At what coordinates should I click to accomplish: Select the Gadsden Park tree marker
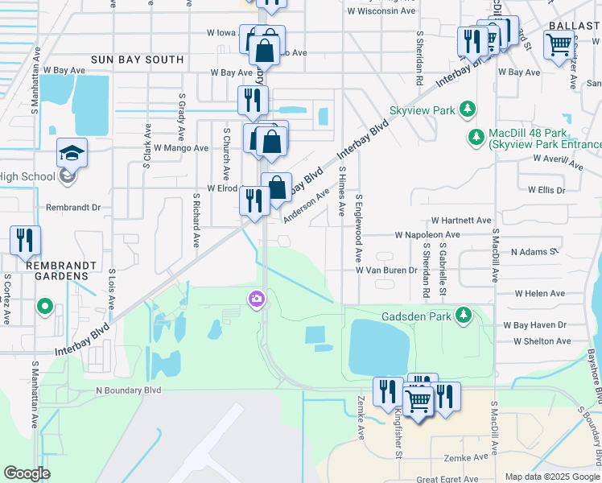pyautogui.click(x=464, y=315)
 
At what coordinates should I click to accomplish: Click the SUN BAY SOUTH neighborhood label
pyautogui.click(x=138, y=60)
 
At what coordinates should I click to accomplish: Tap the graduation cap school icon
pyautogui.click(x=71, y=153)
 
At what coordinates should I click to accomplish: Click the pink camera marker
pyautogui.click(x=257, y=299)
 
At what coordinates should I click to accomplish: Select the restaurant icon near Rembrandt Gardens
pyautogui.click(x=25, y=240)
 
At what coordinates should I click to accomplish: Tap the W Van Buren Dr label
pyautogui.click(x=387, y=270)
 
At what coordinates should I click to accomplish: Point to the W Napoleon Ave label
pyautogui.click(x=427, y=234)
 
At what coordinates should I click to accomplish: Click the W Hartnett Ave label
pyautogui.click(x=461, y=220)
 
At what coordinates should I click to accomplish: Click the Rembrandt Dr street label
pyautogui.click(x=95, y=207)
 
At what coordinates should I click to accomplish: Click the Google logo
pyautogui.click(x=27, y=473)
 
